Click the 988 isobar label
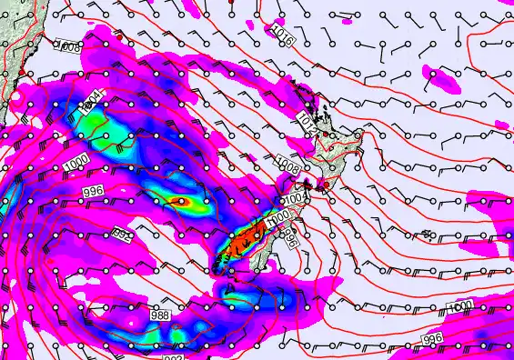coord(159,315)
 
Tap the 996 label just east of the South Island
coord(290,238)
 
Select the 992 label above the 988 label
coord(121,234)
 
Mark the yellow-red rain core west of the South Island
coord(179,202)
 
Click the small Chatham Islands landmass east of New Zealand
coord(427,235)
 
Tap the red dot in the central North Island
coord(326,185)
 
